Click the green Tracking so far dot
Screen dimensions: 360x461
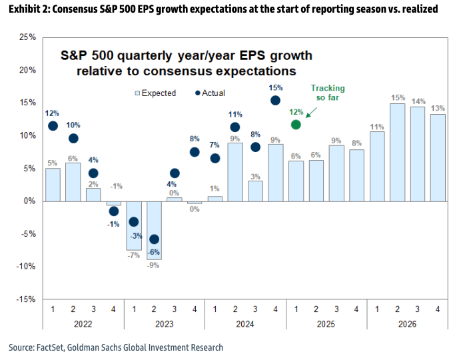pyautogui.click(x=296, y=124)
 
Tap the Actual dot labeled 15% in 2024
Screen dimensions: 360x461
pyautogui.click(x=275, y=100)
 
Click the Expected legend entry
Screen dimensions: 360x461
pyautogui.click(x=155, y=93)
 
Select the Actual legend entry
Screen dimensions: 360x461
pyautogui.click(x=210, y=93)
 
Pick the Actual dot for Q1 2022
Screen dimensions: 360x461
pyautogui.click(x=53, y=125)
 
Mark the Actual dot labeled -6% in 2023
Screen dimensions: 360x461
pyautogui.click(x=154, y=239)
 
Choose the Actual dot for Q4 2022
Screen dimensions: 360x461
pyautogui.click(x=113, y=211)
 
